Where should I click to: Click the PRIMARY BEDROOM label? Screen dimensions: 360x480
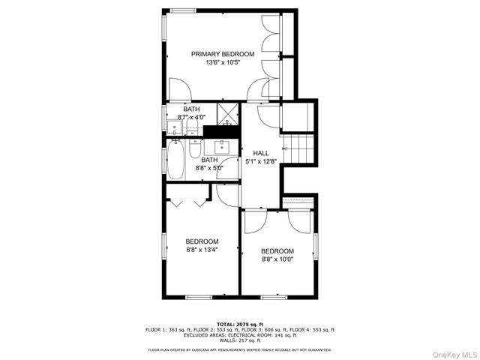click(x=222, y=54)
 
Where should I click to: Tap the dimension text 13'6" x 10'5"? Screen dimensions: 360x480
click(x=222, y=63)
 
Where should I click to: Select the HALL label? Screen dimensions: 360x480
click(x=260, y=153)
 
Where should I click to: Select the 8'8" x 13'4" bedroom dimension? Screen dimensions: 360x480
click(x=202, y=250)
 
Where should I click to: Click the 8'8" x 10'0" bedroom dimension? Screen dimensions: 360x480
click(x=277, y=259)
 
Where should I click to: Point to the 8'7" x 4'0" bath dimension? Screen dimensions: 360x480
click(x=192, y=118)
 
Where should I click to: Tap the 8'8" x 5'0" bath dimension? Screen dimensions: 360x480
click(x=209, y=169)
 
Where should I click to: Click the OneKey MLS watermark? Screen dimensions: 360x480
click(x=452, y=352)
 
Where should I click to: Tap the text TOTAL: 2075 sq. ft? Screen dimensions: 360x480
click(x=240, y=324)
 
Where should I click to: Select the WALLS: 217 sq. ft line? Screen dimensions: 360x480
click(x=240, y=340)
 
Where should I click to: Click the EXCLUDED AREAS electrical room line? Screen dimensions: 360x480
click(x=240, y=335)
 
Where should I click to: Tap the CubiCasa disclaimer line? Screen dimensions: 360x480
click(x=240, y=349)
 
